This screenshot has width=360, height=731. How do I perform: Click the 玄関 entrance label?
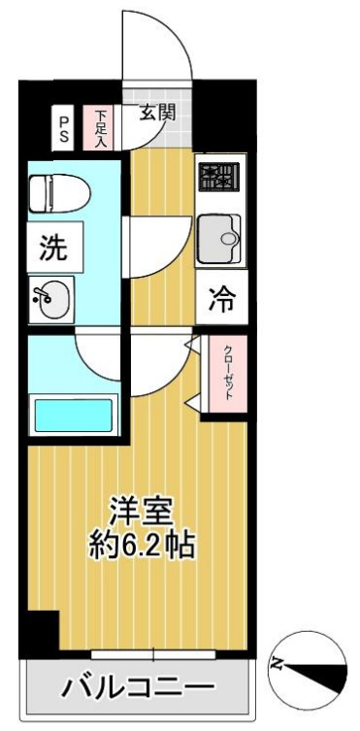pyautogui.click(x=156, y=113)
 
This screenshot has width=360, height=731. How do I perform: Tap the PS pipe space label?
pyautogui.click(x=64, y=129)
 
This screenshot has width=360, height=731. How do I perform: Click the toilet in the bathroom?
pyautogui.click(x=57, y=192)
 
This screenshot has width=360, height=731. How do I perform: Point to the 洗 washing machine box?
pyautogui.click(x=53, y=248)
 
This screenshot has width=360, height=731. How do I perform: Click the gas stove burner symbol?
pyautogui.click(x=218, y=177)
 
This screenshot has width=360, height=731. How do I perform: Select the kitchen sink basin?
pyautogui.click(x=219, y=236)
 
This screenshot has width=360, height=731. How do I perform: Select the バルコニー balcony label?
pyautogui.click(x=138, y=689)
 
